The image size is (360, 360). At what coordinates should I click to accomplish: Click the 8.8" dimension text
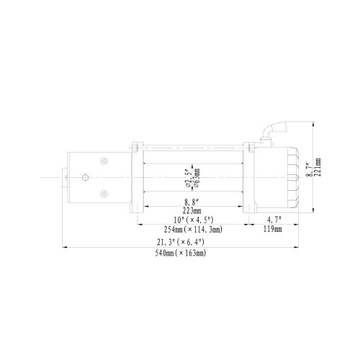[192, 202]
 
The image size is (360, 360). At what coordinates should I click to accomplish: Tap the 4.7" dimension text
[272, 220]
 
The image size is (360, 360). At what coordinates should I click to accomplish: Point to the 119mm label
[272, 229]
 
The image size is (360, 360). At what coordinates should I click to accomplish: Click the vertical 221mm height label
[318, 170]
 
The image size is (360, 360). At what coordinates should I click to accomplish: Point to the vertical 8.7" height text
[309, 170]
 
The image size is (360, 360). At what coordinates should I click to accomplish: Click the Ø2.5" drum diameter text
[186, 174]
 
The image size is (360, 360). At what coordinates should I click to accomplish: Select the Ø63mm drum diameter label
[196, 174]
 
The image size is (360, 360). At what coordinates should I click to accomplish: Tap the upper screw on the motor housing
[104, 163]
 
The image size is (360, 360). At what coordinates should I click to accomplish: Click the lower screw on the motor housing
[104, 192]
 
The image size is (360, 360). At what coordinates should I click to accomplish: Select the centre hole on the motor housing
[84, 178]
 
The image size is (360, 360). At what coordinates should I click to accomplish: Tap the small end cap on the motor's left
[64, 178]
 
